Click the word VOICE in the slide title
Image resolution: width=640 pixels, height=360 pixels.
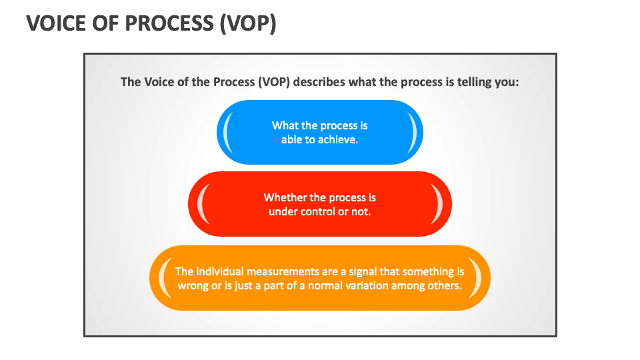tap(56, 23)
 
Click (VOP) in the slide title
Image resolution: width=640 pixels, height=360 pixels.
tap(247, 23)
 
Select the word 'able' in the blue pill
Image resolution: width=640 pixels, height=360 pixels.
tap(291, 140)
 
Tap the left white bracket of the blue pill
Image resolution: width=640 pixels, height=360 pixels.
tap(227, 132)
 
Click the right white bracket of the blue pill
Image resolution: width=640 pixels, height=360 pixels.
tap(413, 132)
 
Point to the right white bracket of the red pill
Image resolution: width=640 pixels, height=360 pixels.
tap(441, 204)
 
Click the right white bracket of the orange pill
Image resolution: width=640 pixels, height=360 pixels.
tap(477, 278)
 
